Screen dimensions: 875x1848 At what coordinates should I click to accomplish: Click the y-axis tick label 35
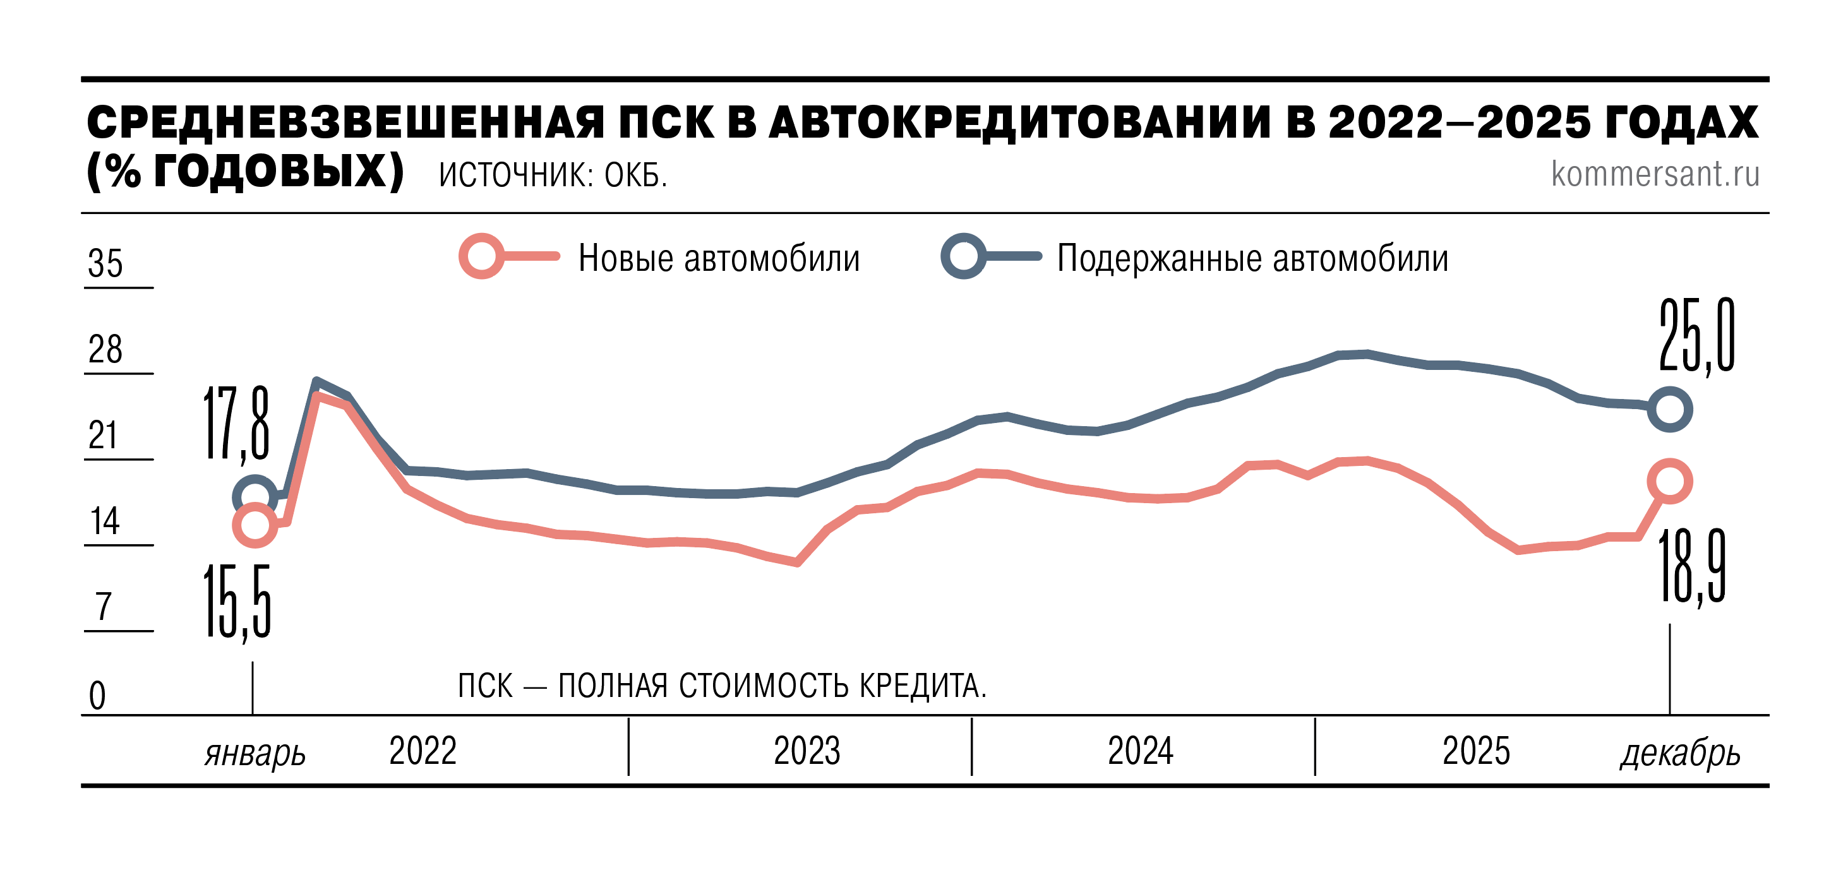click(105, 263)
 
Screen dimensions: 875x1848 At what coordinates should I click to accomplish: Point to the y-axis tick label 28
click(105, 349)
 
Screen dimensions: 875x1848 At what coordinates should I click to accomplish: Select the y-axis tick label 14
click(105, 521)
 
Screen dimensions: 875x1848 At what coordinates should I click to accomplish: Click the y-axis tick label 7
click(104, 607)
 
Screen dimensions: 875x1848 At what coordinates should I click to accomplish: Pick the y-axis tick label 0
click(97, 696)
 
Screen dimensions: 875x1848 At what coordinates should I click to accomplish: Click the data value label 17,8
click(237, 423)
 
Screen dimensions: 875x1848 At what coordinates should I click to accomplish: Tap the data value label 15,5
click(237, 601)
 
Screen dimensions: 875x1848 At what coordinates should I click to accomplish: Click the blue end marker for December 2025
click(1669, 410)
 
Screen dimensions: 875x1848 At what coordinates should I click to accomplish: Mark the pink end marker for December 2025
click(1669, 481)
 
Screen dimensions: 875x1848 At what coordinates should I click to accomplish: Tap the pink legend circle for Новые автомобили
click(481, 256)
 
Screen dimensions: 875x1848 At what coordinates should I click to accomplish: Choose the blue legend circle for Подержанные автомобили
click(963, 256)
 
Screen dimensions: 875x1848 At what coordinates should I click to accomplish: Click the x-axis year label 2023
click(807, 751)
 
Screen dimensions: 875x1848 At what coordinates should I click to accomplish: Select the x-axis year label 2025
click(1475, 751)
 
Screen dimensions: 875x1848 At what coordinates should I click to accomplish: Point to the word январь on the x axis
click(255, 754)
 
